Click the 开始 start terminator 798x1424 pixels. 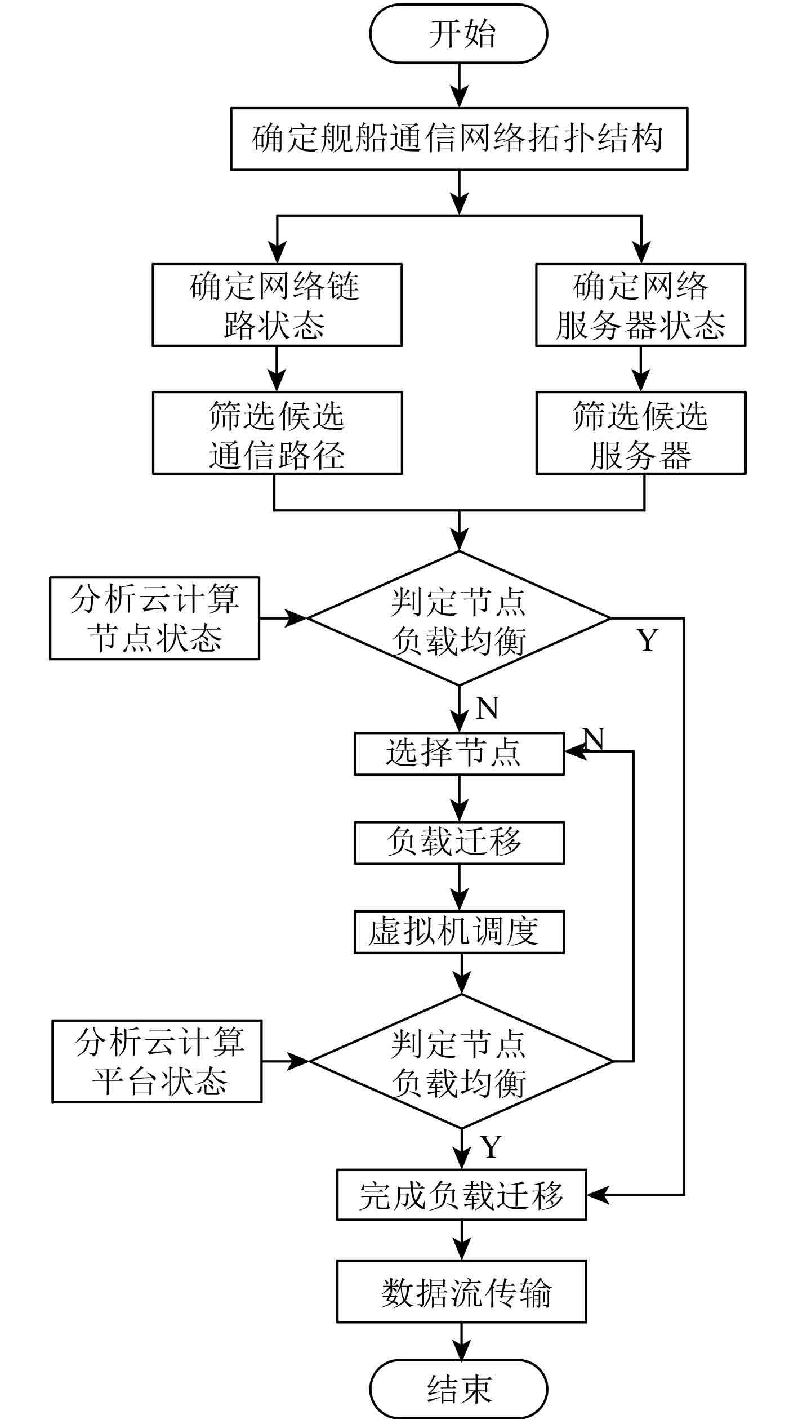point(458,34)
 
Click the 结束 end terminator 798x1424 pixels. point(458,1389)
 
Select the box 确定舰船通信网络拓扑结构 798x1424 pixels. point(459,139)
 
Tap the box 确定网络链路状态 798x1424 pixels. point(277,305)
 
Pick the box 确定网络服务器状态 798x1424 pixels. point(640,305)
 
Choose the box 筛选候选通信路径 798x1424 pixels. point(277,433)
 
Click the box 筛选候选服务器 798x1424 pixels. point(640,433)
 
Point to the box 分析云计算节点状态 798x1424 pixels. point(154,618)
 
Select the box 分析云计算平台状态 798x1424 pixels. point(157,1061)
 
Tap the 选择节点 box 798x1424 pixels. point(458,754)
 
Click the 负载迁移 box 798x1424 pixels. point(458,843)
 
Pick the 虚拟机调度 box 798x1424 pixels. point(458,932)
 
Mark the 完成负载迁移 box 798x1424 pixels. point(461,1195)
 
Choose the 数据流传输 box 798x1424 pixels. point(461,1291)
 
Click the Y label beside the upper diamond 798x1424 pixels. point(648,640)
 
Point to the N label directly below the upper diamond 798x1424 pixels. point(487,708)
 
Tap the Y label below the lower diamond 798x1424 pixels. point(491,1146)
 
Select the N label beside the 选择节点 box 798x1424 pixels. point(593,738)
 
